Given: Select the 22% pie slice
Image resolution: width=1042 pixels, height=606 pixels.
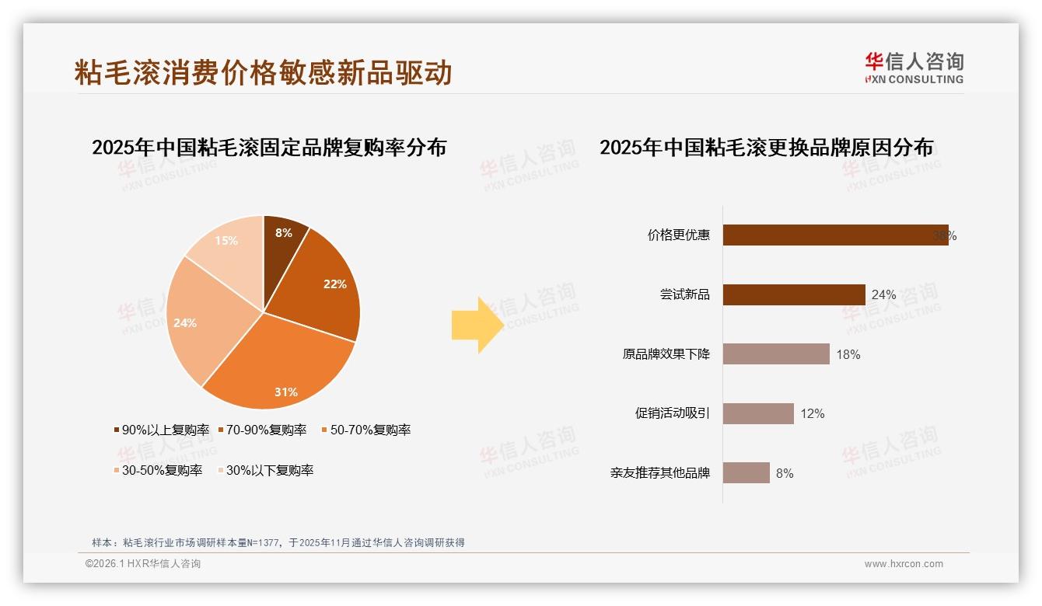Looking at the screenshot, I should tap(323, 284).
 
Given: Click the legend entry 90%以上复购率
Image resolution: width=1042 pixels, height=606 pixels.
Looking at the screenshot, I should tap(162, 430).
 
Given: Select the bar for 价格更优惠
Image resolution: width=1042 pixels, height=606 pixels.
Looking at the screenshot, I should tap(835, 235).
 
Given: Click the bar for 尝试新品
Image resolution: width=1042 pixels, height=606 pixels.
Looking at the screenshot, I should tap(794, 294).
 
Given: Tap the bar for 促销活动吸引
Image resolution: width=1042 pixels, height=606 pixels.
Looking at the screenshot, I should tap(758, 413).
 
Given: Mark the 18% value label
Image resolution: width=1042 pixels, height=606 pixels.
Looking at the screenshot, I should tap(848, 354).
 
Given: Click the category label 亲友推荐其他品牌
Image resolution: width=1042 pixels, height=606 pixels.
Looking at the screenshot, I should tap(660, 472).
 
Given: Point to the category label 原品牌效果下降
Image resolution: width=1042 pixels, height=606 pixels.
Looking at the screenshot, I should tap(666, 354).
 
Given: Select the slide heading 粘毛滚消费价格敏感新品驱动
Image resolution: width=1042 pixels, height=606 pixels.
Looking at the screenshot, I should tap(263, 73).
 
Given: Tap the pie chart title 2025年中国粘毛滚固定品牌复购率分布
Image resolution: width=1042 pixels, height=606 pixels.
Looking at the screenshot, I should tap(269, 147).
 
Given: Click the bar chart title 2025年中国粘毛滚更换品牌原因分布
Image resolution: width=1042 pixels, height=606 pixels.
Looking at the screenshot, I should tap(766, 147).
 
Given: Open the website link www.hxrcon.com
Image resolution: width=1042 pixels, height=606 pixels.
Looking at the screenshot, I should tap(904, 564).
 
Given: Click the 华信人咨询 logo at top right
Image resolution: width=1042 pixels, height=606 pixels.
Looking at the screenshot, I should tap(914, 68).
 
